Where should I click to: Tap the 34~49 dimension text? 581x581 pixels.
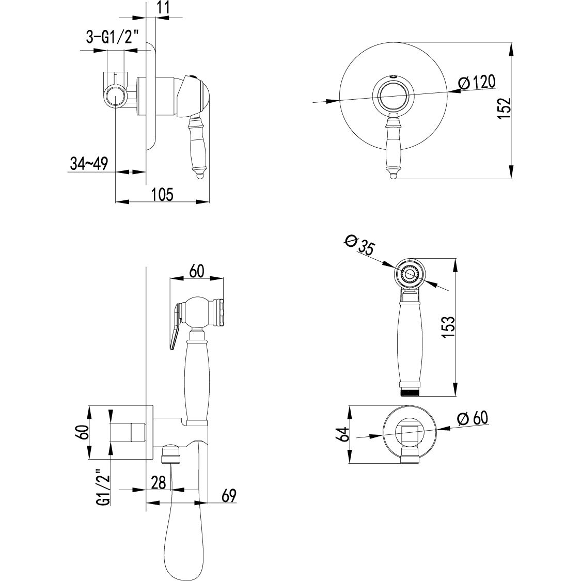click(88, 164)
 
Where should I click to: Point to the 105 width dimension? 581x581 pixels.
click(162, 194)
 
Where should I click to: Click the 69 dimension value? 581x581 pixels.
click(229, 496)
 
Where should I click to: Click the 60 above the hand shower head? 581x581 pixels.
click(197, 271)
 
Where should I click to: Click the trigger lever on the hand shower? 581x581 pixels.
click(174, 328)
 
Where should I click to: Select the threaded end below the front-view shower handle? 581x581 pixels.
click(410, 392)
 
